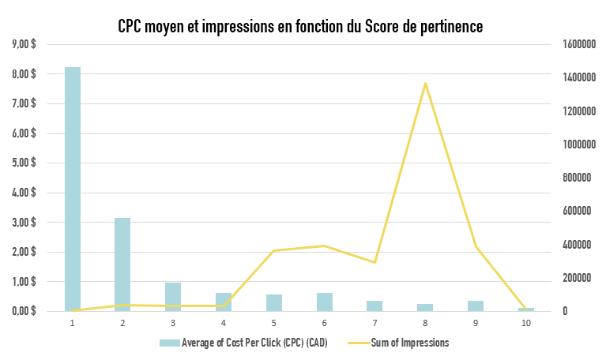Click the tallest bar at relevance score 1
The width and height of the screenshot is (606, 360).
pos(72,189)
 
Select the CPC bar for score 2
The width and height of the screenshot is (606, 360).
pos(122,264)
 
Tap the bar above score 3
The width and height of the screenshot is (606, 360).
pos(173,297)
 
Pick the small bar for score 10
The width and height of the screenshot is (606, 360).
pos(526,309)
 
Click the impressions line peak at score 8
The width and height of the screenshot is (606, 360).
pos(425,83)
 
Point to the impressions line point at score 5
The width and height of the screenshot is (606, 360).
pos(273,251)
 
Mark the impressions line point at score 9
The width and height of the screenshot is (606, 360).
pos(476,247)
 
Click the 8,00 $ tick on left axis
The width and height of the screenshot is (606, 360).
pos(23,74)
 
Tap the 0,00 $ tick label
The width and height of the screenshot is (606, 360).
pos(23,311)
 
